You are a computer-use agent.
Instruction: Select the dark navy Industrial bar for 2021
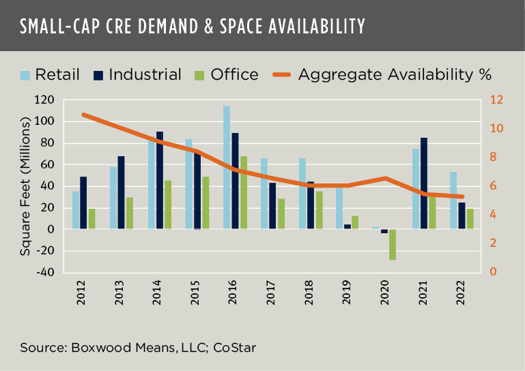pyautogui.click(x=424, y=183)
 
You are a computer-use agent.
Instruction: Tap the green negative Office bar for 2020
pyautogui.click(x=393, y=244)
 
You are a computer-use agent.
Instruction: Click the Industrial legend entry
pyautogui.click(x=144, y=74)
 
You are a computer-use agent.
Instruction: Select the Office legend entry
pyautogui.click(x=234, y=74)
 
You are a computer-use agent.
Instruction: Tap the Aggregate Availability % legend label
pyautogui.click(x=395, y=74)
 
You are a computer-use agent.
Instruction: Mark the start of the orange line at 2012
pyautogui.click(x=83, y=115)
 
